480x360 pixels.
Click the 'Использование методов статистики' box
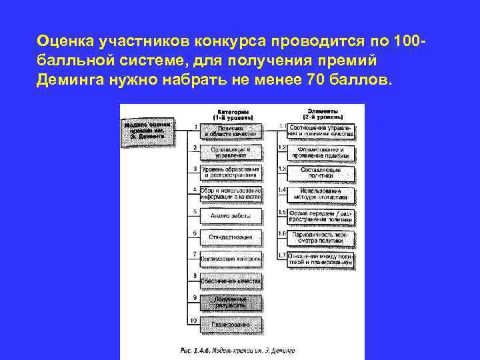(x=321, y=194)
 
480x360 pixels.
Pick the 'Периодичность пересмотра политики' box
(x=321, y=237)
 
